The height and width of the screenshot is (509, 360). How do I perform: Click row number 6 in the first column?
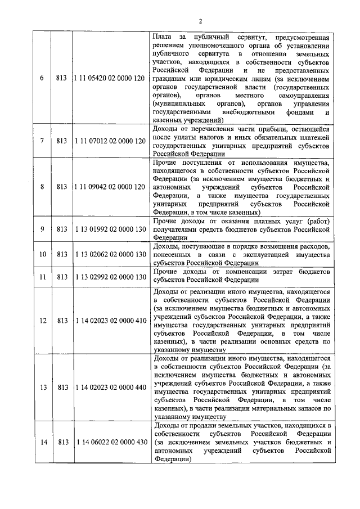42,78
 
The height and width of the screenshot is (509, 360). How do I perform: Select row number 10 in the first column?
42,254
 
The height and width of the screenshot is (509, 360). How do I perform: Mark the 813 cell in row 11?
62,276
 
